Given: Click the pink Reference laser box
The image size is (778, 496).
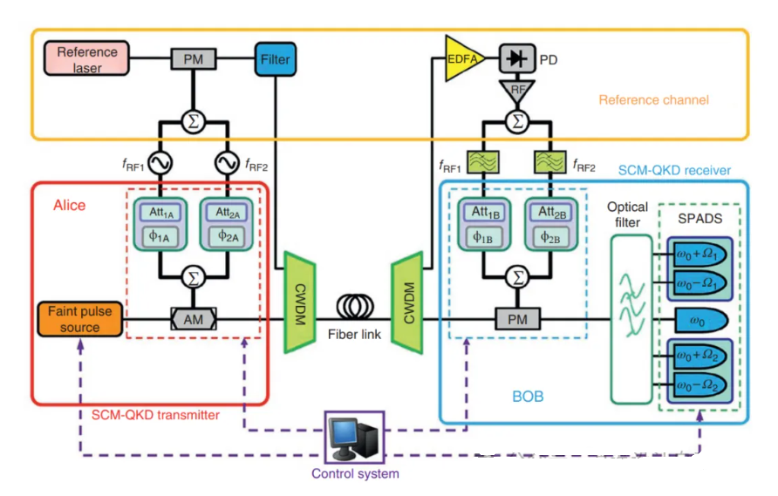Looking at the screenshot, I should pos(87,59).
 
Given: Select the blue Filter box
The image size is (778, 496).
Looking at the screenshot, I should pos(276,59).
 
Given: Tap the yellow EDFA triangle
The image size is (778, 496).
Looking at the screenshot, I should pos(462,59).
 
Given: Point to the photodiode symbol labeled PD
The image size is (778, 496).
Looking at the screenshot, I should pos(519,59).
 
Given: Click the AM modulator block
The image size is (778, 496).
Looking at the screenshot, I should pos(193,320).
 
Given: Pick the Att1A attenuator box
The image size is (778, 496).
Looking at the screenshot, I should pos(161,212).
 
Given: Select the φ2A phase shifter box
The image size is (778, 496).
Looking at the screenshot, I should pos(227,235).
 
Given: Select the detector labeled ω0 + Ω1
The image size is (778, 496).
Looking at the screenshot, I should pos(697,255).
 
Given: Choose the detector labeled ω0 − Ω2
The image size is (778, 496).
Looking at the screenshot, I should pos(697,384).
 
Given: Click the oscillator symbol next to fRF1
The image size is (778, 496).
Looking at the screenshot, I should pos(161,163).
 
